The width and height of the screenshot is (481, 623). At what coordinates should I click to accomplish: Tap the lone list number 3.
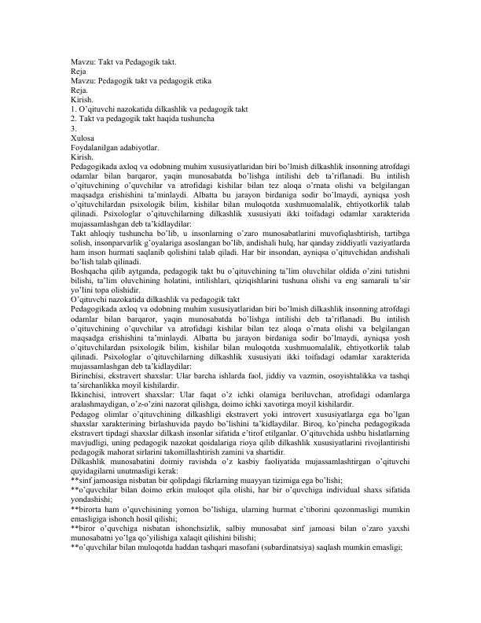coord(72,127)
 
